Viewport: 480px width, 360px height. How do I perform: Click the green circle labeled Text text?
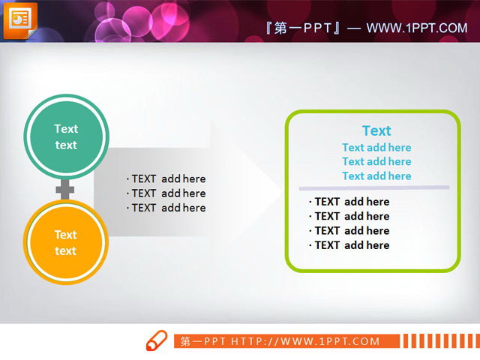click(x=66, y=136)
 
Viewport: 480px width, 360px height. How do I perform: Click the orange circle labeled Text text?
click(x=66, y=242)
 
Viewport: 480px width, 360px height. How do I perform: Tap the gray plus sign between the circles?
click(x=66, y=189)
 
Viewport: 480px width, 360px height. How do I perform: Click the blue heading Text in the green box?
click(x=376, y=130)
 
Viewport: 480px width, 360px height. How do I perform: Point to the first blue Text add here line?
click(x=376, y=148)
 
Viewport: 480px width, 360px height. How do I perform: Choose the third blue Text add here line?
click(x=376, y=176)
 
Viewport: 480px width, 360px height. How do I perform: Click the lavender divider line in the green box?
click(x=373, y=187)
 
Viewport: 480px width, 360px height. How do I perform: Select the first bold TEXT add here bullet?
click(x=349, y=202)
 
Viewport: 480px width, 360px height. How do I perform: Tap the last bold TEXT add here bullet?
click(x=349, y=245)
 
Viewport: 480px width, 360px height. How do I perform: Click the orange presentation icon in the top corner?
click(x=20, y=19)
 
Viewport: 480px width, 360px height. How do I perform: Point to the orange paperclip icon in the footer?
click(x=156, y=340)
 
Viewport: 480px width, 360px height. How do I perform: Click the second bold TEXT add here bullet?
click(x=349, y=216)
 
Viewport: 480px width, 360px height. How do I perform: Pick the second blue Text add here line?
click(x=376, y=161)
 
